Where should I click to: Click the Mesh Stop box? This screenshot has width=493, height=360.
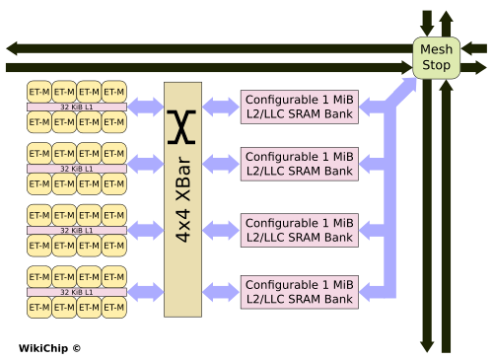point(436,58)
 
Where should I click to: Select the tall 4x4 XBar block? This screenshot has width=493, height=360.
point(182,199)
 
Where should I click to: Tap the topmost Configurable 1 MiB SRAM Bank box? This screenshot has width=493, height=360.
point(300,107)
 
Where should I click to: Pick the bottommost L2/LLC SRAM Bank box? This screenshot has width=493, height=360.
point(300,292)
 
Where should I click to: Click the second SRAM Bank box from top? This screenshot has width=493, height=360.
point(300,164)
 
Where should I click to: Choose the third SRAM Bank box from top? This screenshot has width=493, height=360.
point(300,230)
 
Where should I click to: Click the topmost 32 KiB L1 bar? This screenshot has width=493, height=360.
point(77,107)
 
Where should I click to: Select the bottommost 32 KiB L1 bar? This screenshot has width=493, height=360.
point(77,292)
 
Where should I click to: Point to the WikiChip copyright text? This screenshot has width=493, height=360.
point(49,348)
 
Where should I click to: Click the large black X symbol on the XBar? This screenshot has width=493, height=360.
point(181,127)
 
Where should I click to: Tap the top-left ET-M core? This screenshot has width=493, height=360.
point(39,92)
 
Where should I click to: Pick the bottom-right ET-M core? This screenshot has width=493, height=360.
point(114,308)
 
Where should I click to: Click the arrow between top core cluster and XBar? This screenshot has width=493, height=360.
point(145,107)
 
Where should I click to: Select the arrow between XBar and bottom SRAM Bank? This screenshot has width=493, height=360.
point(221,292)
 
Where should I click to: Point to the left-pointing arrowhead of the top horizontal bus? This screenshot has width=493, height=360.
point(12,48)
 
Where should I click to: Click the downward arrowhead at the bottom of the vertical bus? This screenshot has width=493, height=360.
point(427,347)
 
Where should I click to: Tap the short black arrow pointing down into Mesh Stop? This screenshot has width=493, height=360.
point(427,23)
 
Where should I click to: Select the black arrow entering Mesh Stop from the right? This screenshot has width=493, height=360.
point(473,48)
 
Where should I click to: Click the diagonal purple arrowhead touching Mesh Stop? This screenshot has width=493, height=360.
point(408,86)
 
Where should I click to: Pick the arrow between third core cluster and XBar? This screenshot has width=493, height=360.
point(145,230)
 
